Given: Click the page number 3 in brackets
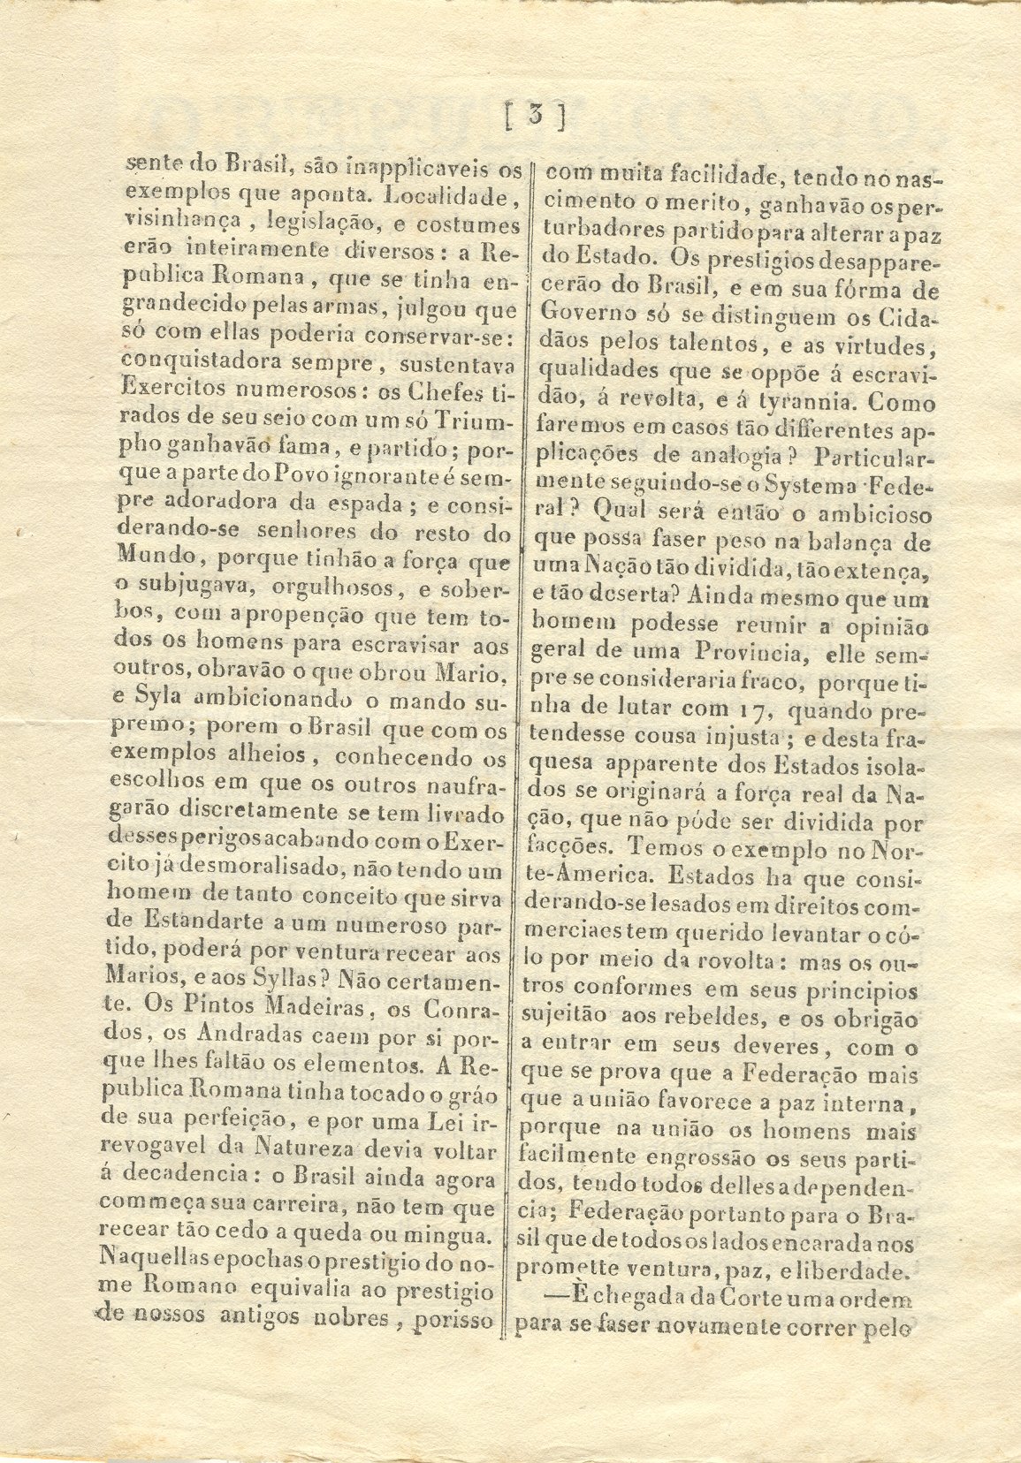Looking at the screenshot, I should click(535, 117).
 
